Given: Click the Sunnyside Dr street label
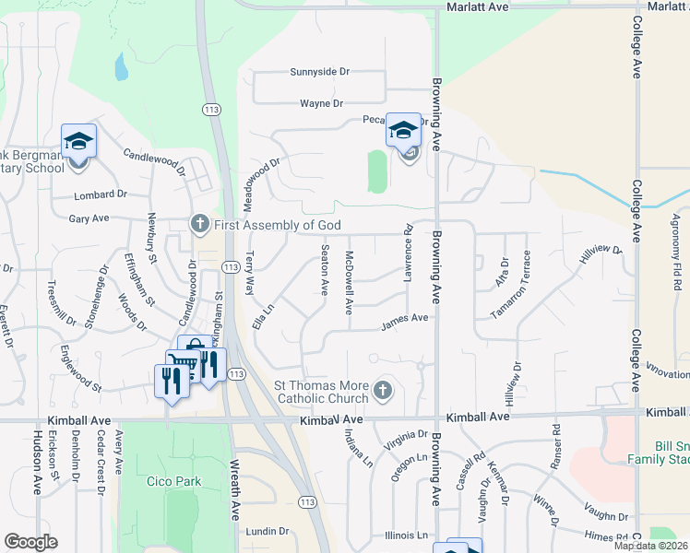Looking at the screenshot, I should [320, 71].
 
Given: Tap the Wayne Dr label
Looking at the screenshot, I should [320, 104].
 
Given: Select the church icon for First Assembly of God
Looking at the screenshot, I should [198, 225].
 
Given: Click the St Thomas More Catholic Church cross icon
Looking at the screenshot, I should [383, 392].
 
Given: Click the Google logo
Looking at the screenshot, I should [30, 542].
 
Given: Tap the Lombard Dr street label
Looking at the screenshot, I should [102, 194].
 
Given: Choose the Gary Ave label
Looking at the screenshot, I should [89, 218].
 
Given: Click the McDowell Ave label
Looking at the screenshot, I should [350, 283].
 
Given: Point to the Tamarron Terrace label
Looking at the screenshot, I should [513, 285].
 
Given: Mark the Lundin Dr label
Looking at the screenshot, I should [268, 532].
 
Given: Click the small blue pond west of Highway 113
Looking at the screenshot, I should [120, 66].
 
